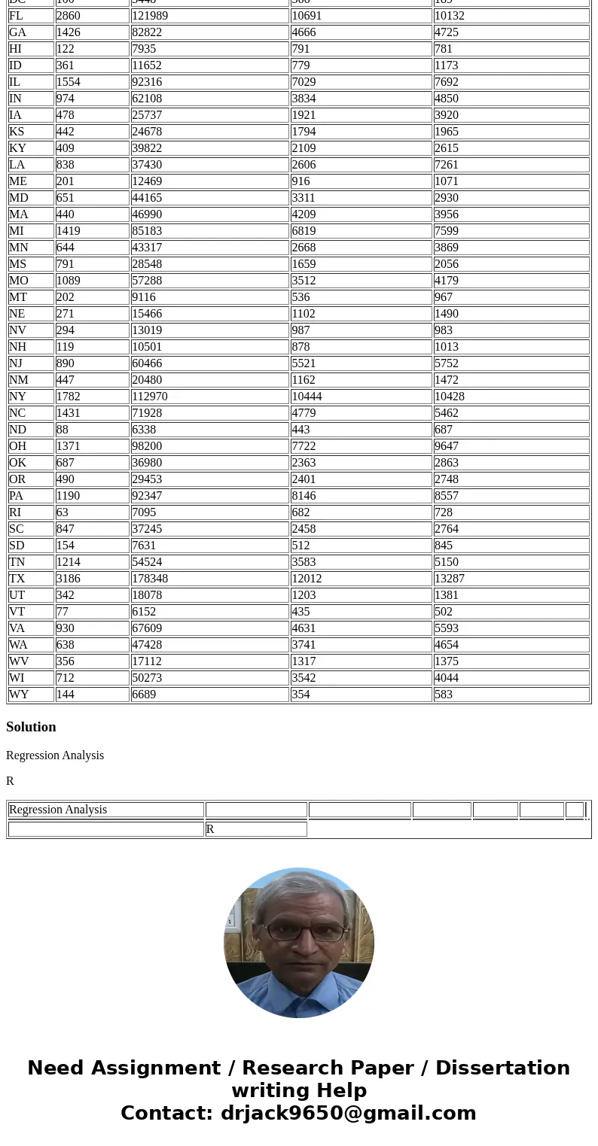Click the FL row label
click(16, 16)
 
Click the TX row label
click(17, 579)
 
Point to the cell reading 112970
click(150, 397)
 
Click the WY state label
click(19, 695)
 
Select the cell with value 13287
click(450, 579)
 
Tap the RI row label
click(15, 512)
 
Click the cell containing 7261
click(447, 165)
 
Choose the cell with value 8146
click(304, 496)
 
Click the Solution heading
click(31, 727)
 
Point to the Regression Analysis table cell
click(58, 810)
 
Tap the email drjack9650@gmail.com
click(348, 1114)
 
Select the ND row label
click(17, 430)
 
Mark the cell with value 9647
click(447, 446)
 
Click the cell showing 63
click(62, 512)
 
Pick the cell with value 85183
click(147, 231)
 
